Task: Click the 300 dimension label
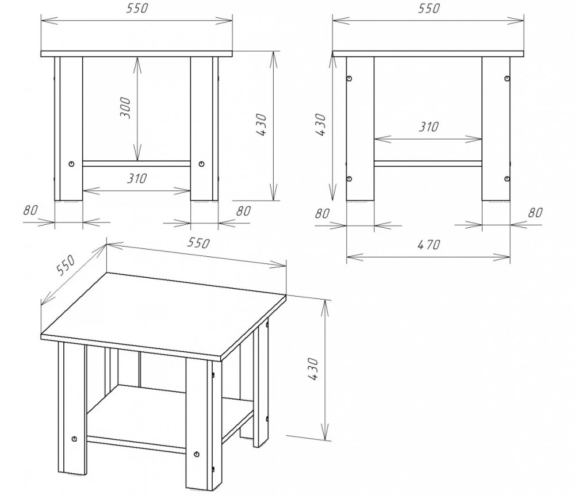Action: click(x=125, y=108)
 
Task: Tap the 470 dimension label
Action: click(x=428, y=244)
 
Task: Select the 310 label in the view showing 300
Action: click(x=137, y=178)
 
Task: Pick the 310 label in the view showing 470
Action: click(x=429, y=127)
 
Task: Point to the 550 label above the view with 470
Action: click(x=428, y=8)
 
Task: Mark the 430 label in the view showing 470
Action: click(x=320, y=125)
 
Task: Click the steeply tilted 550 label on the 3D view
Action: click(x=66, y=264)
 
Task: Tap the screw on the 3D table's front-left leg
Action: click(x=75, y=439)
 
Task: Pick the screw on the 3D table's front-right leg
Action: click(x=197, y=454)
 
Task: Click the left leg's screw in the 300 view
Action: click(x=71, y=163)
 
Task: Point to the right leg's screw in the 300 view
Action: click(x=201, y=163)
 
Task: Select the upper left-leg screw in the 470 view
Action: click(x=349, y=78)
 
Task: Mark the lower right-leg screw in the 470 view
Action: click(x=507, y=178)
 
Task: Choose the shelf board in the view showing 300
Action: click(x=136, y=163)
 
